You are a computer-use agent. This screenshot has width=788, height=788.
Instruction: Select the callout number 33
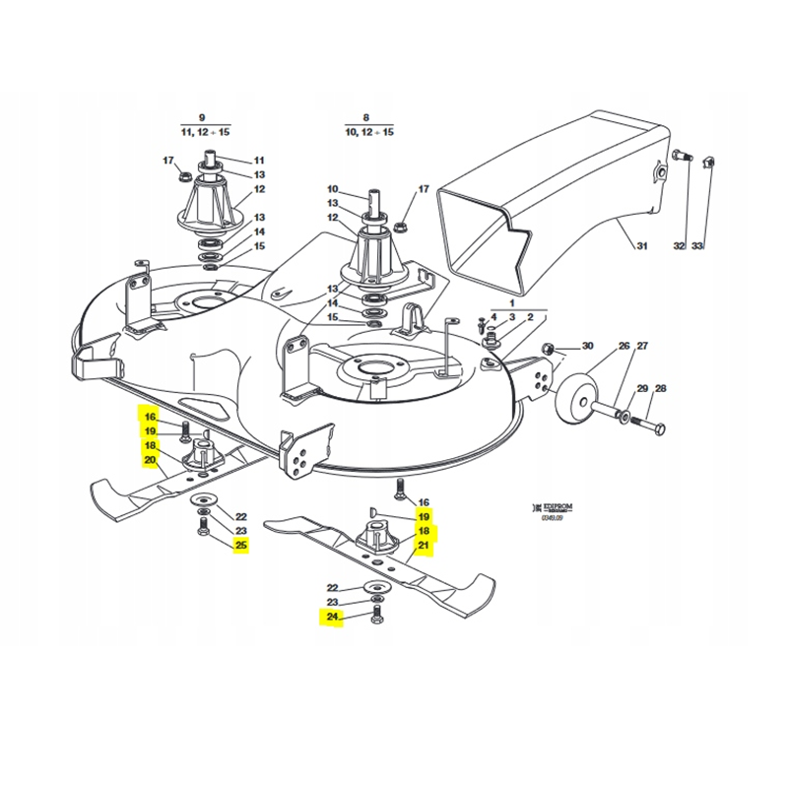click(x=697, y=245)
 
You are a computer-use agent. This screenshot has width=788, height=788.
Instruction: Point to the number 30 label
click(x=588, y=346)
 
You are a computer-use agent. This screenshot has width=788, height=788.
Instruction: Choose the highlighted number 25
click(x=240, y=545)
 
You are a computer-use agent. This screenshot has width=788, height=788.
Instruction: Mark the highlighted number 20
click(x=150, y=460)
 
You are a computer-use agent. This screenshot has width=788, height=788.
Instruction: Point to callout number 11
click(x=260, y=160)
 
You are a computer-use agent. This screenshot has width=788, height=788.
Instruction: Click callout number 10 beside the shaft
click(x=332, y=189)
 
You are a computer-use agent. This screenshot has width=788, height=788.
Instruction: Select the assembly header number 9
click(x=202, y=116)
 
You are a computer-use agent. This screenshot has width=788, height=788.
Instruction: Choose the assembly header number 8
click(x=366, y=116)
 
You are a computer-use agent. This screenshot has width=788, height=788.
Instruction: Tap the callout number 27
click(x=642, y=346)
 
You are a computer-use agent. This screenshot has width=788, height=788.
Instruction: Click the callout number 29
click(x=642, y=389)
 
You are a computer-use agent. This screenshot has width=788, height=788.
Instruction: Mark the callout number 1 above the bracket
click(x=512, y=304)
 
